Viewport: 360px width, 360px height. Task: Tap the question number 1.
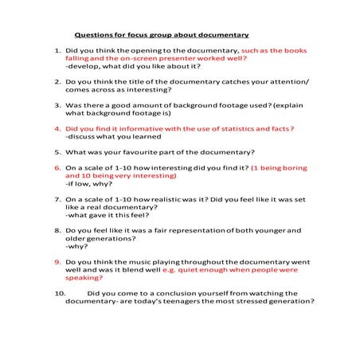pyautogui.click(x=57, y=51)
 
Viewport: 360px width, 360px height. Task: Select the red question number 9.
pyautogui.click(x=57, y=260)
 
